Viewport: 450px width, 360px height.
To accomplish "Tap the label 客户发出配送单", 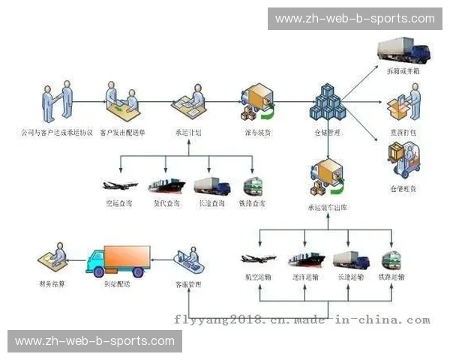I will click(x=122, y=132).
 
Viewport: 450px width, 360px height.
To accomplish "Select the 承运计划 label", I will click(x=187, y=132).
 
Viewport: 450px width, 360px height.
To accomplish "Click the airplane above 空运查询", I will click(x=119, y=185).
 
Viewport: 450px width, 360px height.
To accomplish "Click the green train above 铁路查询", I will click(x=251, y=186).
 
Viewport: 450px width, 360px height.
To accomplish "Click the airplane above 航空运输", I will click(x=259, y=259).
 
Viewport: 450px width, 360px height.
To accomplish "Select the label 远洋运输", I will click(x=304, y=277).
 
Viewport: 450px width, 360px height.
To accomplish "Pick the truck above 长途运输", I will click(x=350, y=259).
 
